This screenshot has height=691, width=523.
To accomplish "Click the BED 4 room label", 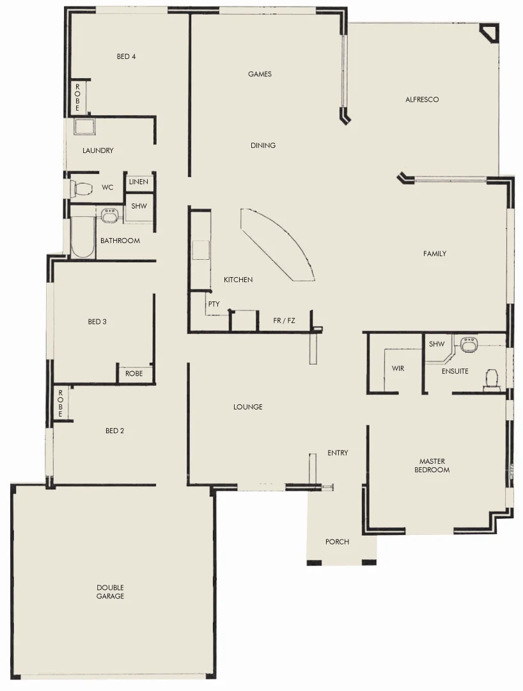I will (x=126, y=56).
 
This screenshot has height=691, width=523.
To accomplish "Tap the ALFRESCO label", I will (x=422, y=100).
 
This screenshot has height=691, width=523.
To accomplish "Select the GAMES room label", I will (x=260, y=74).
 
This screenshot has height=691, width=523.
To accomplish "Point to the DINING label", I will (x=263, y=146).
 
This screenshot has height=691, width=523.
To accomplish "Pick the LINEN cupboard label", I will (x=138, y=182).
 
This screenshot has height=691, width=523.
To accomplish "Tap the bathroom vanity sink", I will (x=109, y=215).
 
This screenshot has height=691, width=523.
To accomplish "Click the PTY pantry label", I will (x=214, y=305).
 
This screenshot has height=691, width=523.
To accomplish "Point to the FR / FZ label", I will (x=284, y=321).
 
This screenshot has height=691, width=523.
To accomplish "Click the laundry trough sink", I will (x=84, y=126).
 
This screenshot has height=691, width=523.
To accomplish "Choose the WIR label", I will (x=398, y=369).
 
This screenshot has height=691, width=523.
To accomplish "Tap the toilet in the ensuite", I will (x=492, y=378).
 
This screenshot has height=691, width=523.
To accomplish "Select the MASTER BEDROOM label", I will (x=432, y=466).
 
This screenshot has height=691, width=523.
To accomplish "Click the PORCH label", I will (x=337, y=542).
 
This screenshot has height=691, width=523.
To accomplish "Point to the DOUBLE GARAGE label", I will (x=110, y=592).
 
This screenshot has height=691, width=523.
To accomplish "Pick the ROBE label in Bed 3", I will (x=134, y=374).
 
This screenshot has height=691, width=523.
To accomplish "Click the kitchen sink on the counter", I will (x=201, y=250).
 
